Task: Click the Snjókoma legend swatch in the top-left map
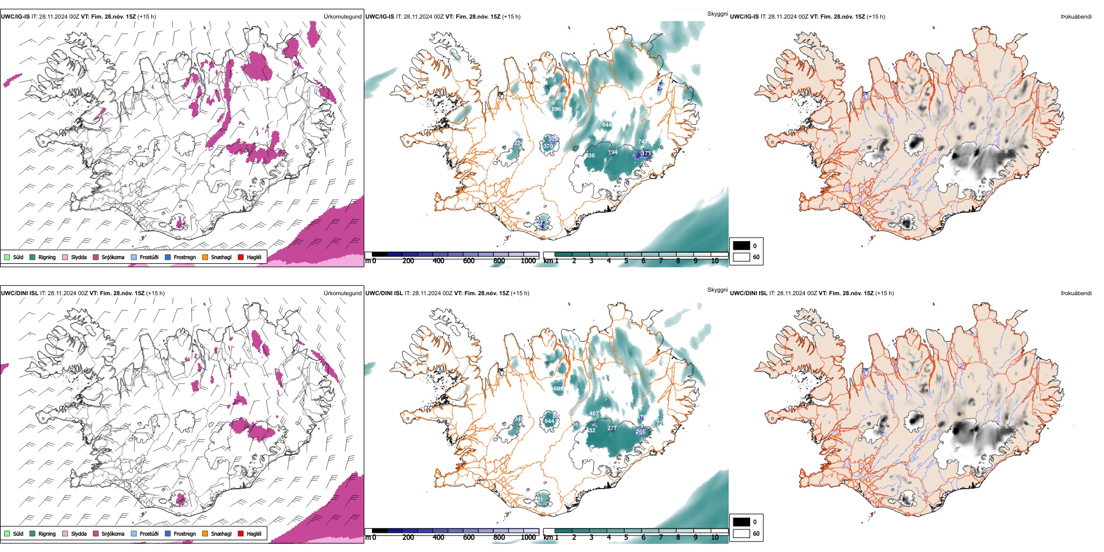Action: click(x=96, y=257)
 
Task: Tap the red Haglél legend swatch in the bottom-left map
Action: click(x=241, y=533)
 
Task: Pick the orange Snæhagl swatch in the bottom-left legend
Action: click(x=205, y=533)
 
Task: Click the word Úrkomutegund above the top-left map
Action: click(x=342, y=17)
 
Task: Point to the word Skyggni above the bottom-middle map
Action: click(x=717, y=289)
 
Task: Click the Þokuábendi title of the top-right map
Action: click(x=1076, y=17)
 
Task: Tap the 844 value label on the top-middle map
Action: click(x=607, y=125)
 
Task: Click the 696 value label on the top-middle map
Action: click(x=556, y=109)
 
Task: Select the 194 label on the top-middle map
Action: click(x=612, y=152)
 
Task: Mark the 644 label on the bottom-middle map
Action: click(x=549, y=421)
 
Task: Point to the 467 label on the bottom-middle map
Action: click(x=594, y=414)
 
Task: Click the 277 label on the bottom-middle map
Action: click(x=612, y=428)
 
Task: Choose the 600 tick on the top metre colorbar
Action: click(x=468, y=261)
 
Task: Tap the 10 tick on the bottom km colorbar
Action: click(x=715, y=537)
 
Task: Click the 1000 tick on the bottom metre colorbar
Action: click(x=528, y=537)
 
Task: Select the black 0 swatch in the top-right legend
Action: click(x=741, y=245)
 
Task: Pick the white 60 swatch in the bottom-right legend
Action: click(x=741, y=533)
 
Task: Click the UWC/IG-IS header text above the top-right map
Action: click(x=744, y=17)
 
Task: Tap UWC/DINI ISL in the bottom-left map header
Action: click(x=19, y=293)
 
